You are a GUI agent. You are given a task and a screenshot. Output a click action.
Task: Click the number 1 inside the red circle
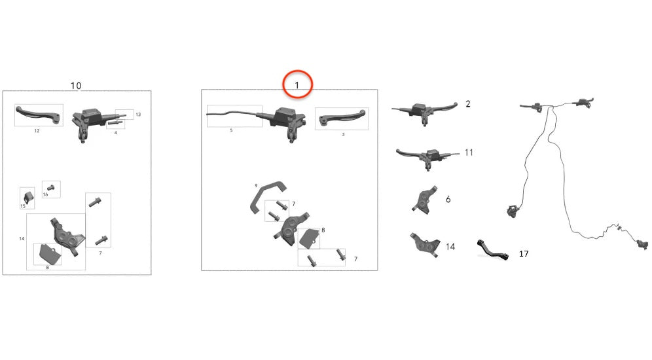(x=297, y=85)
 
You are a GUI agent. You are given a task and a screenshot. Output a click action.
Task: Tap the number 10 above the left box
(x=76, y=86)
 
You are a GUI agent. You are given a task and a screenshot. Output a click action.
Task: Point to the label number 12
(x=37, y=131)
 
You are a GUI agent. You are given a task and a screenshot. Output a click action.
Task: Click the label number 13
(x=138, y=115)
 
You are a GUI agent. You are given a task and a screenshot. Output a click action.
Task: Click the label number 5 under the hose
(x=231, y=131)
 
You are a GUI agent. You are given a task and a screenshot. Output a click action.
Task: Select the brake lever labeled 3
(x=340, y=117)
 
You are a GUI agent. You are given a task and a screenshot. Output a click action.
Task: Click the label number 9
(x=257, y=185)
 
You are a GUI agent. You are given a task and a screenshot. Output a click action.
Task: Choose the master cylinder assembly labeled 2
(x=426, y=109)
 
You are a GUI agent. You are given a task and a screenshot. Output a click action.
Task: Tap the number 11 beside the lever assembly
(x=469, y=153)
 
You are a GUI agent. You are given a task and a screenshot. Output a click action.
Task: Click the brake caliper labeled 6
(x=423, y=200)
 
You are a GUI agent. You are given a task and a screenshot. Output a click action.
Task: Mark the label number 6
(x=448, y=199)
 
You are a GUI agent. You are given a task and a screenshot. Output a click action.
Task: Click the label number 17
(x=524, y=253)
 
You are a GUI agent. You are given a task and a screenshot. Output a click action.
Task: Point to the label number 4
(x=115, y=133)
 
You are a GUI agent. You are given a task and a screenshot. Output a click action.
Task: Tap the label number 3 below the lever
(x=342, y=134)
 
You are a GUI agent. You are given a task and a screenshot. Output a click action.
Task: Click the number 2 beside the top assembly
(x=467, y=104)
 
